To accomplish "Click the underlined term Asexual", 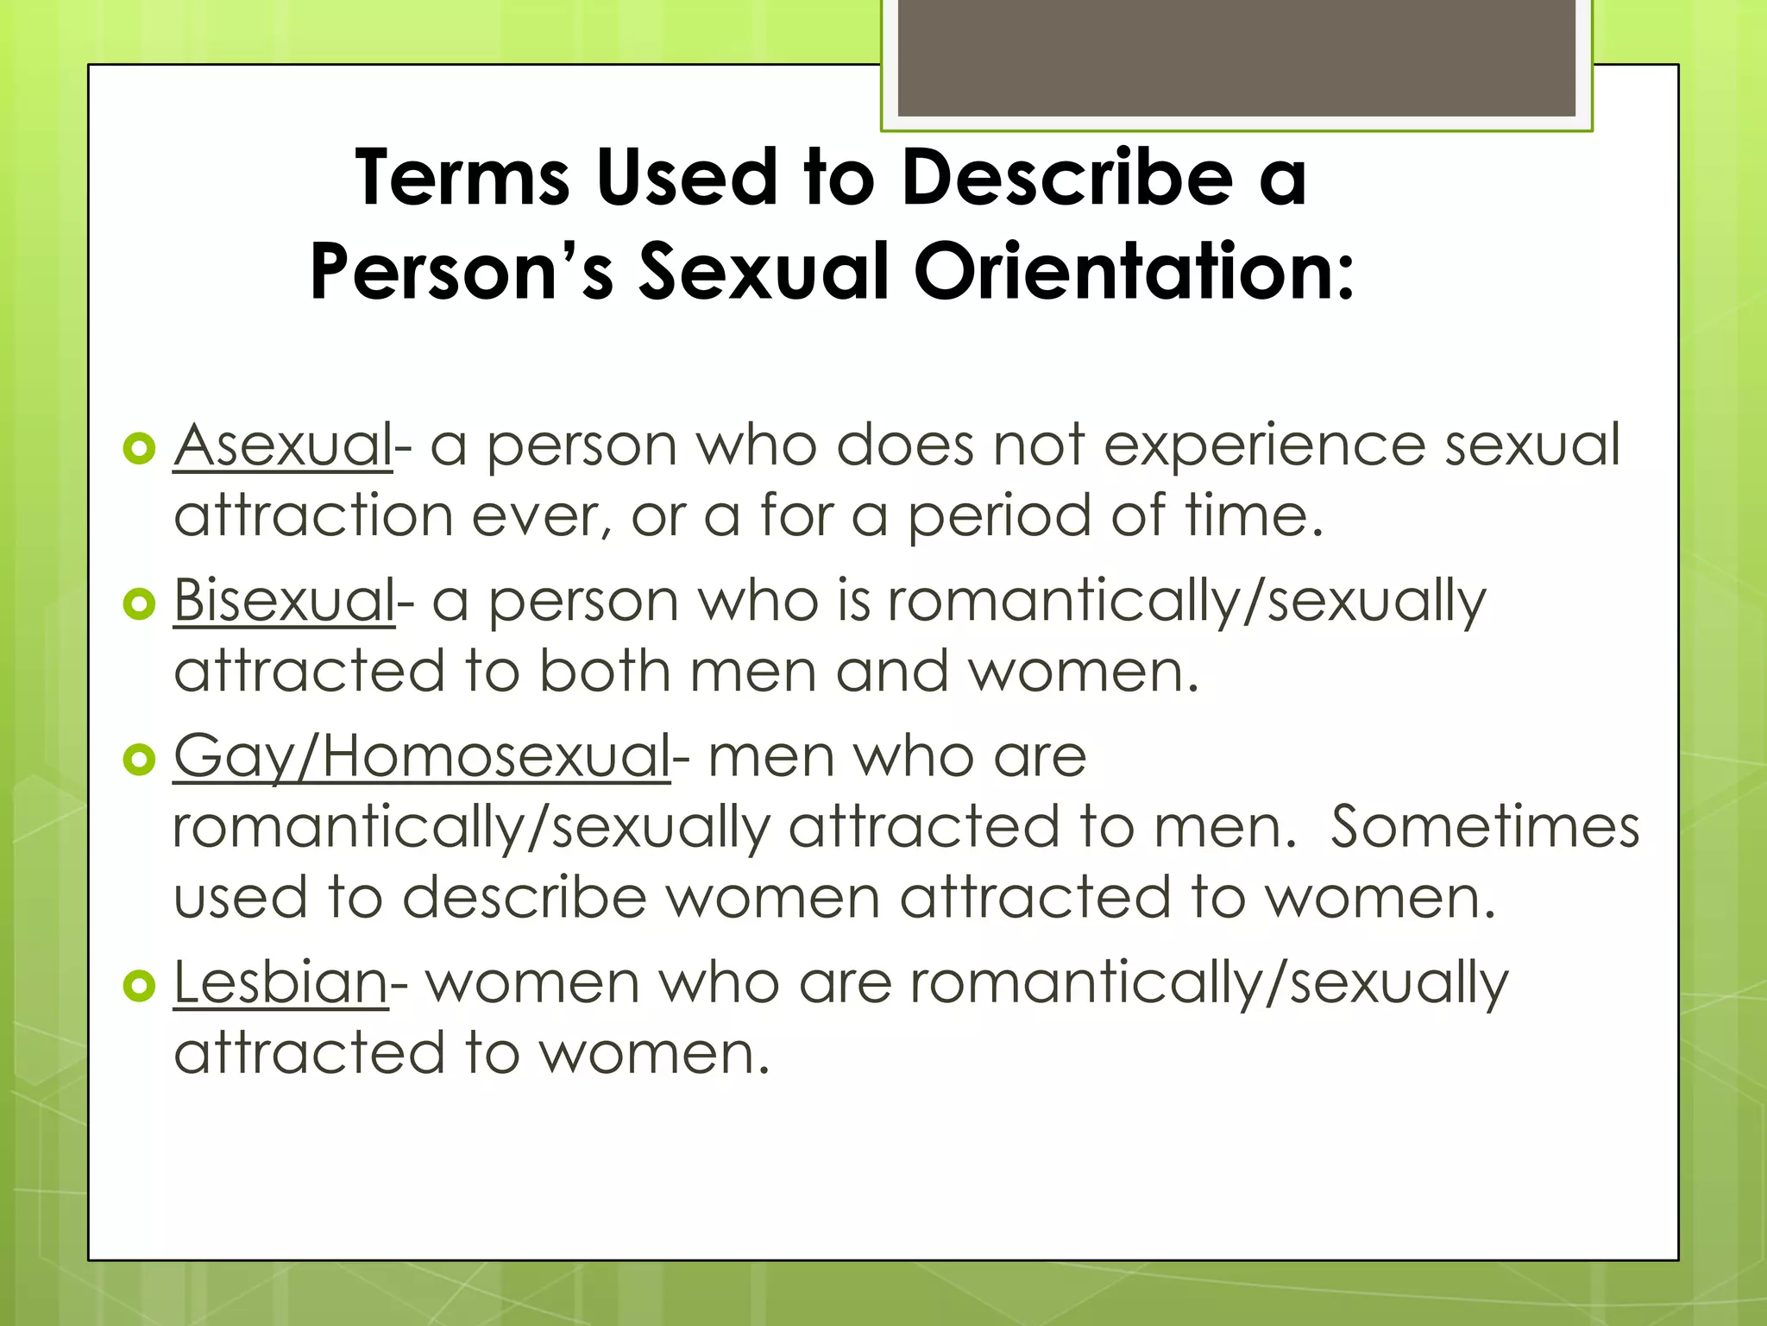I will tap(283, 445).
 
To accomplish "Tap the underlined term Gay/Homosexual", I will tap(422, 756).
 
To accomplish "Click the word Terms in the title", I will tap(462, 178).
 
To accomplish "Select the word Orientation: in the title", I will tap(1134, 273).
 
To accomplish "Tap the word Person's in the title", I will tap(462, 273).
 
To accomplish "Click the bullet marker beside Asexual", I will tap(139, 448).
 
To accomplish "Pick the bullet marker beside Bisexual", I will tap(139, 603).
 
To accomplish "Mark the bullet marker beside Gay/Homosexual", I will tap(139, 760).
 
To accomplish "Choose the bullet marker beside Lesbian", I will tap(139, 986).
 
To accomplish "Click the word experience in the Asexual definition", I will tap(1264, 447).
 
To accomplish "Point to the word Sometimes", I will tap(1484, 827).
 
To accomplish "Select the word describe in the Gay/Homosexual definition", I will tap(525, 898).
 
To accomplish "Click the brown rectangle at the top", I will tap(1236, 57).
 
